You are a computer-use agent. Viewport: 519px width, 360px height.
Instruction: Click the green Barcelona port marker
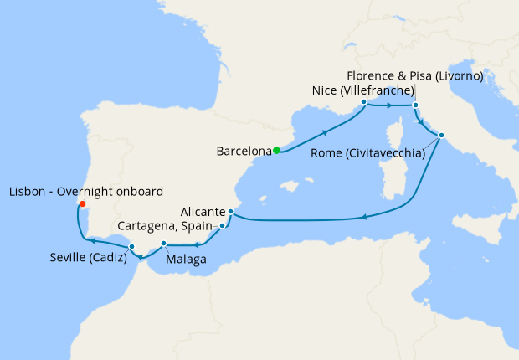pos(276,151)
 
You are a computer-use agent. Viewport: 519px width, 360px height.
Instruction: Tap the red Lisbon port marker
pos(81,203)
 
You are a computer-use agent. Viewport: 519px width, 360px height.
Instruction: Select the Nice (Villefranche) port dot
pos(363,102)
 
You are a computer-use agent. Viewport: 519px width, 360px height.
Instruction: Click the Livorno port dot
pos(416,105)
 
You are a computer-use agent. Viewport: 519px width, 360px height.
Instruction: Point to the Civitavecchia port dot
pos(441,136)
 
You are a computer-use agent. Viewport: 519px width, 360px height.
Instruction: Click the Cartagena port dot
pos(221,226)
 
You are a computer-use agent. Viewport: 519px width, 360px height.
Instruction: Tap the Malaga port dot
pos(163,244)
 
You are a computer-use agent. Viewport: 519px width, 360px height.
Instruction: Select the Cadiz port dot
pos(131,245)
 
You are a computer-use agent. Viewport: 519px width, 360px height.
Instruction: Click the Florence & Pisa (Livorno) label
pos(415,76)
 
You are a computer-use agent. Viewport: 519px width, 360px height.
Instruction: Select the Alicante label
pos(201,212)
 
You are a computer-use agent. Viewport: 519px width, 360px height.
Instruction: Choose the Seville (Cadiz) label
pos(88,257)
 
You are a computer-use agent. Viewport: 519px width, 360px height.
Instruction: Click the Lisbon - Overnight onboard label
pos(85,191)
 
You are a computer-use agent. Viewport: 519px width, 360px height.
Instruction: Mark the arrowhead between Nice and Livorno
pos(389,105)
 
